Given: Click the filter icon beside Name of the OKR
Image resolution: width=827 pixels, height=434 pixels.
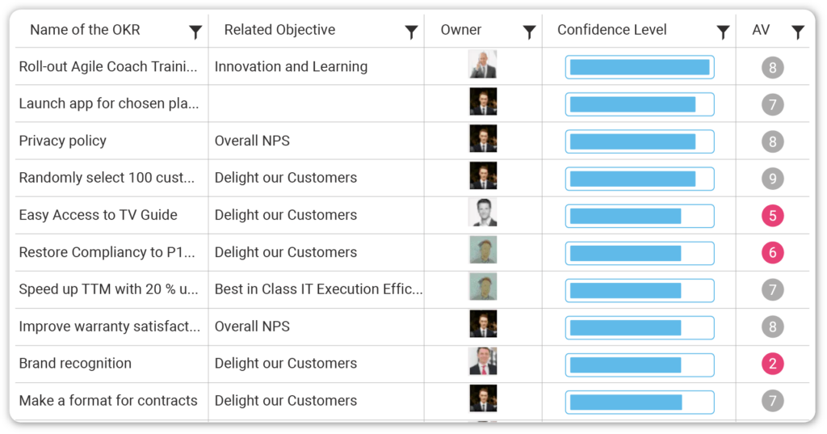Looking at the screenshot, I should tap(195, 32).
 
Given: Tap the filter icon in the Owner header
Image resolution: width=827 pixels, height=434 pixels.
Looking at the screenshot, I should tap(529, 32).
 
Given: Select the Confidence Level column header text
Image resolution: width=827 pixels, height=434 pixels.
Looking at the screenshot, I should tap(611, 30).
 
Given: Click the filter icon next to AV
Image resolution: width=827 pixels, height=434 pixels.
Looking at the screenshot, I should tap(798, 32).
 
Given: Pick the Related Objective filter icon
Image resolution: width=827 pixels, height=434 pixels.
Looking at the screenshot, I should tap(411, 32).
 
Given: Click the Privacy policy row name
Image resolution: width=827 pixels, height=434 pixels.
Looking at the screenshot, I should tap(63, 141).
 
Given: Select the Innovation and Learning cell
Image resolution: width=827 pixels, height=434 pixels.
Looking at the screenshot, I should tap(291, 66).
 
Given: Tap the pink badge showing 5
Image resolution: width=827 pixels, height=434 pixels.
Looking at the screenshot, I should tap(772, 216).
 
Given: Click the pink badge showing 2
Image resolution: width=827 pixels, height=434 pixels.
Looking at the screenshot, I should tap(772, 364).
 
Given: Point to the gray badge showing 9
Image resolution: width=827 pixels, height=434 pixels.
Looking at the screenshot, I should tap(772, 179).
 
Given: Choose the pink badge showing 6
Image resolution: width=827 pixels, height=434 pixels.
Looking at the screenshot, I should tap(772, 253).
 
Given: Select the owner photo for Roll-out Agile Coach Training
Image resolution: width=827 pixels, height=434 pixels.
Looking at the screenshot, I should tap(483, 65).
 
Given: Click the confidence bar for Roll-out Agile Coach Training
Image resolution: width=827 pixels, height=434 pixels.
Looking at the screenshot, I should tap(640, 67).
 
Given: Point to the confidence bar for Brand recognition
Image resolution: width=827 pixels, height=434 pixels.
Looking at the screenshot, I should tap(640, 364).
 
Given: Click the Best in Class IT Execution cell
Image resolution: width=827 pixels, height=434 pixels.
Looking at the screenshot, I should tap(318, 289).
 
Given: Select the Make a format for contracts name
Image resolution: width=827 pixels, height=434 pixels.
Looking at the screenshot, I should tap(108, 400).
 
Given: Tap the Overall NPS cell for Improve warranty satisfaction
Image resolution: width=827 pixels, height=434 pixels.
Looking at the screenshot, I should tap(252, 327).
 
